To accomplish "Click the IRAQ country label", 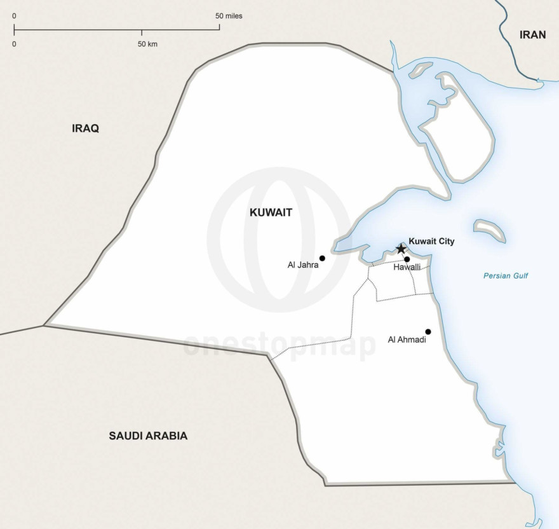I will [85, 128].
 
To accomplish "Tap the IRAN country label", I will [532, 35].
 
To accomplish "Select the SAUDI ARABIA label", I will [148, 436].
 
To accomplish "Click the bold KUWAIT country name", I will [271, 213].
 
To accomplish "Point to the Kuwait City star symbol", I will [401, 249].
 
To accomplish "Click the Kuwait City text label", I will [431, 242].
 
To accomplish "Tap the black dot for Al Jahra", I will [322, 258].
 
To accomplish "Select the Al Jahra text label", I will [302, 264].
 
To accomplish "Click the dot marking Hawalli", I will [407, 259].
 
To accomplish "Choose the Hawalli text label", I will [407, 268].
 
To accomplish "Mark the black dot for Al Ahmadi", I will [428, 331].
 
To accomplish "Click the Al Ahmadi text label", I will [407, 340].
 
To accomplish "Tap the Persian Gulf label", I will [506, 276].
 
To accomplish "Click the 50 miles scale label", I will [229, 15].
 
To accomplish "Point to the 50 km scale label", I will [147, 44].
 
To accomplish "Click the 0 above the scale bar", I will [14, 15].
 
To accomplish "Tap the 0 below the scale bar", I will [14, 44].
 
